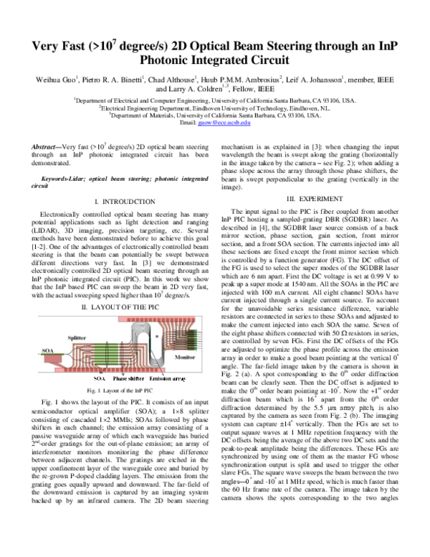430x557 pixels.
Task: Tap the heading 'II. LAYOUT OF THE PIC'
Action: (115, 306)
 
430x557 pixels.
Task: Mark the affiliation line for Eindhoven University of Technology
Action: (215, 108)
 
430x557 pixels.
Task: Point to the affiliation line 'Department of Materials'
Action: (215, 116)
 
